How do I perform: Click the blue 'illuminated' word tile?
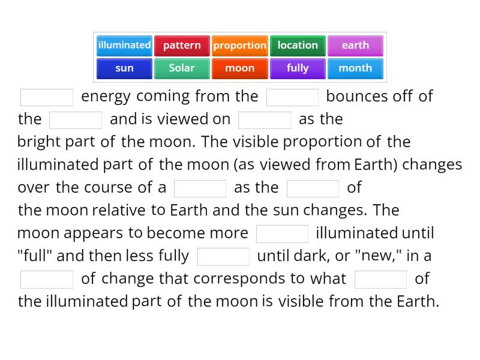pos(124,46)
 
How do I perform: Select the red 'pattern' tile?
pos(182,46)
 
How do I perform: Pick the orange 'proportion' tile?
pos(239,46)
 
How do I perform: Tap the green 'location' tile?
pos(298,46)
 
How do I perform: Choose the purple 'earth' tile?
pos(355,46)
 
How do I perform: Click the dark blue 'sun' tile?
pos(124,68)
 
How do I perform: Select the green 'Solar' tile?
pos(182,68)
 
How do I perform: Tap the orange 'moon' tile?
pos(239,68)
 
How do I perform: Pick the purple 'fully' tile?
pos(298,68)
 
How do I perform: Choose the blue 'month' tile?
pos(355,68)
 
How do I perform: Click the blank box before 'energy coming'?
pos(47,97)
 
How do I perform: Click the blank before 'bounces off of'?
pos(292,97)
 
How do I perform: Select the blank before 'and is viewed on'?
pos(76,120)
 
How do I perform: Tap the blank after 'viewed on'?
pos(265,120)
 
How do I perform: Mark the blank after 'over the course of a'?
pos(200,188)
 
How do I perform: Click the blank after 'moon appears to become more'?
pos(282,234)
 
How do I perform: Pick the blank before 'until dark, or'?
pos(223,257)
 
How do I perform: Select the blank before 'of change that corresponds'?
pos(47,280)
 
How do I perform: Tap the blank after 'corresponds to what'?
pos(380,280)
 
